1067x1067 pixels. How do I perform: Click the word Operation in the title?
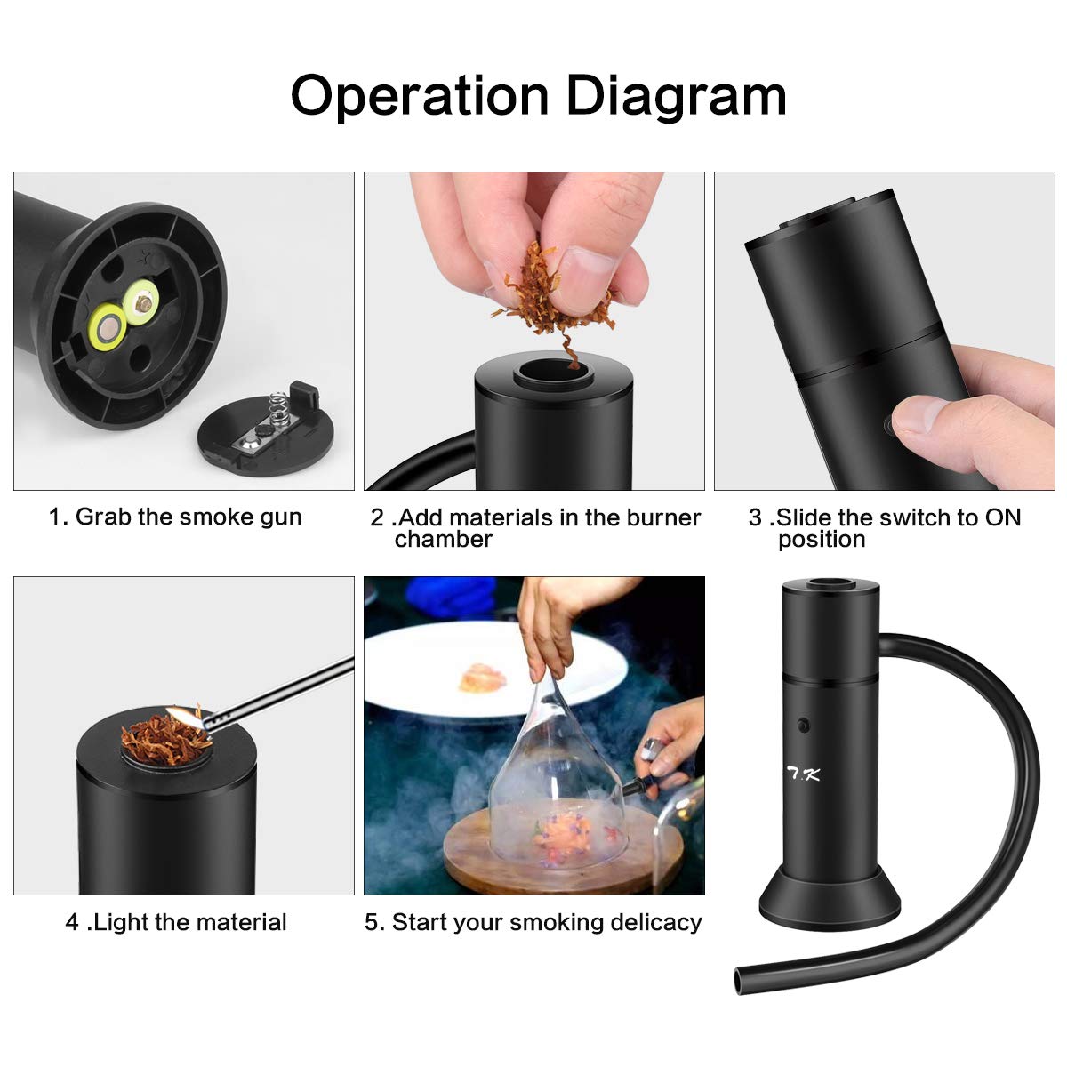[x=420, y=95]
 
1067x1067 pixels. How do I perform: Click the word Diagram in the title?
[x=677, y=95]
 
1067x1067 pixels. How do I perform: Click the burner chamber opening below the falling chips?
[x=553, y=372]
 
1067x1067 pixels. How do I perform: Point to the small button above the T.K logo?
[x=804, y=725]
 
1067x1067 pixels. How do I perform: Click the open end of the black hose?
[x=740, y=980]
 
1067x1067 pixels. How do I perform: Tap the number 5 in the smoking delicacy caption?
[x=373, y=922]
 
